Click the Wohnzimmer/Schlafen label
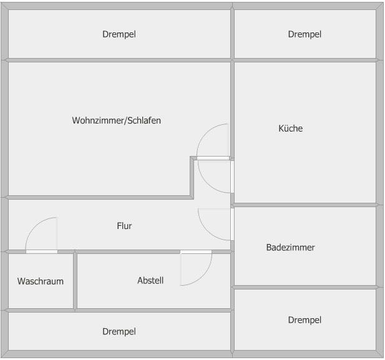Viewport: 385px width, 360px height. click(116, 120)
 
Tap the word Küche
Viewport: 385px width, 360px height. click(290, 129)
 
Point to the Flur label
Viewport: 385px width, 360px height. click(124, 226)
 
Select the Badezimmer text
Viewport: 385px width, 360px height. click(290, 248)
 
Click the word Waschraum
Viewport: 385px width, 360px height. click(41, 281)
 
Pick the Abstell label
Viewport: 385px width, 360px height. click(150, 281)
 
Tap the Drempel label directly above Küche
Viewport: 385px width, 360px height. click(305, 34)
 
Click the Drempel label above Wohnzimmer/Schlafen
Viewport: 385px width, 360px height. click(119, 34)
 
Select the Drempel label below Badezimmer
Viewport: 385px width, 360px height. click(305, 320)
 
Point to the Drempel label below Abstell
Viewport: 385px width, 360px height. click(119, 332)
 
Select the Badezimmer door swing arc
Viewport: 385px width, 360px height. click(213, 225)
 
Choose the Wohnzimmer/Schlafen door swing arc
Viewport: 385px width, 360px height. click(212, 140)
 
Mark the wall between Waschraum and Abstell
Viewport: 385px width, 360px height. click(75, 280)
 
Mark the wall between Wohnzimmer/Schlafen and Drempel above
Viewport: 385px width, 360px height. click(119, 60)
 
